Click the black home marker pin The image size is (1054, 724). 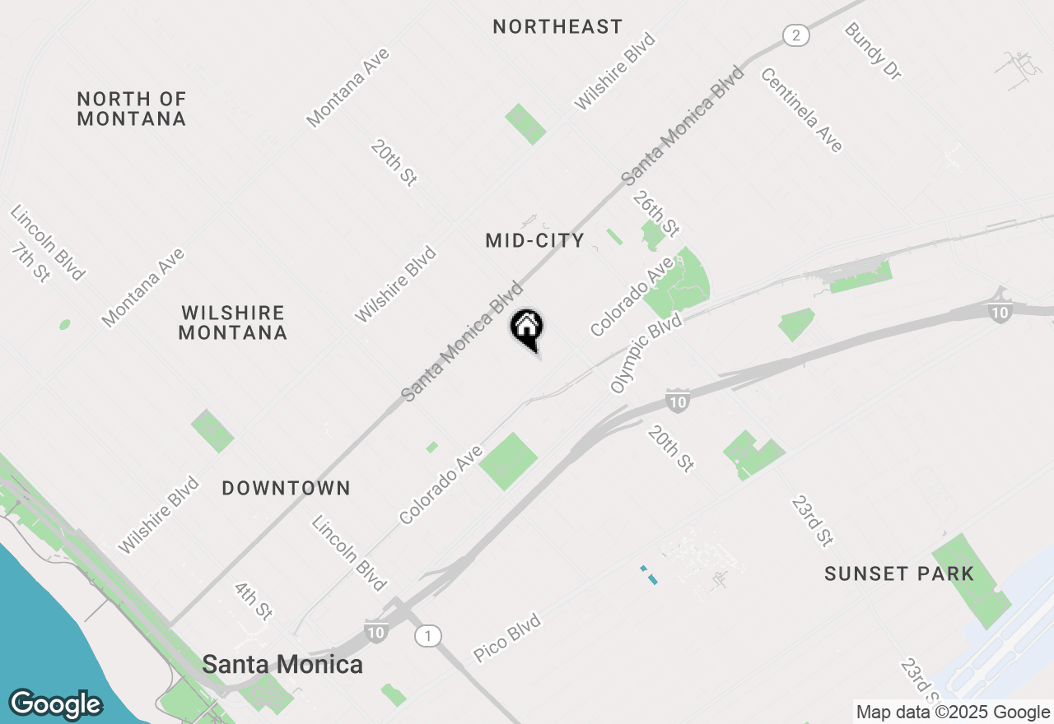tap(527, 327)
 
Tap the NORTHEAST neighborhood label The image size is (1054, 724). tap(557, 27)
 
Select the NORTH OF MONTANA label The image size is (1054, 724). tap(132, 109)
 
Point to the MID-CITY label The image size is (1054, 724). tap(534, 241)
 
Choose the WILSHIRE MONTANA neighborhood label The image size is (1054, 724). tap(233, 323)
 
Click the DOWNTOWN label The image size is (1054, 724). tap(287, 488)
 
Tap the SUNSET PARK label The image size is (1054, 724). tap(899, 573)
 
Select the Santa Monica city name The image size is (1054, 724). tap(282, 664)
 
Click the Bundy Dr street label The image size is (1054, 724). tap(873, 51)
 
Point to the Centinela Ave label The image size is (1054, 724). tap(801, 109)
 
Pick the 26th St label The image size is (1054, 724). tap(656, 213)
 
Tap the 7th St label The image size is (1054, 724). tap(30, 262)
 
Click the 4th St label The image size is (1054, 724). tap(253, 601)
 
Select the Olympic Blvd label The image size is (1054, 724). tap(647, 352)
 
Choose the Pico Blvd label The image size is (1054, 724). tap(507, 638)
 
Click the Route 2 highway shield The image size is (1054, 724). tap(795, 35)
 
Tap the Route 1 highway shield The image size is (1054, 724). tap(427, 635)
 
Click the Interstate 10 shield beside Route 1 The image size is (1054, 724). tap(375, 632)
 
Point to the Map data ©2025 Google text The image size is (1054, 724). tap(952, 712)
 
